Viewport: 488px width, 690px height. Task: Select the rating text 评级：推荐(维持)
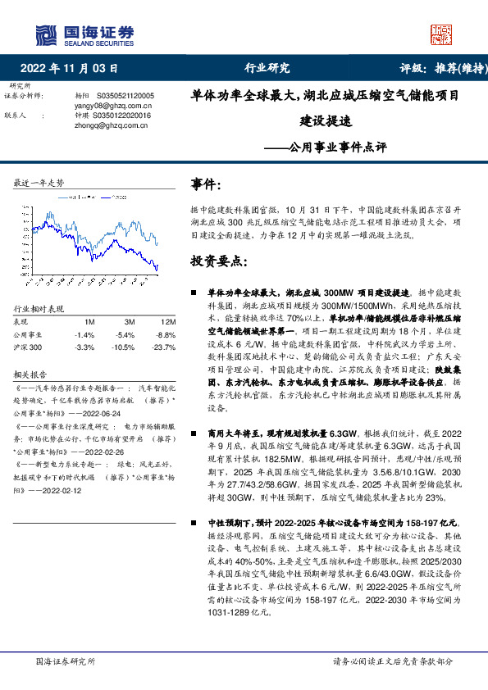436,68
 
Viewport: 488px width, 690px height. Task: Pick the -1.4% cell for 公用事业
84,335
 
